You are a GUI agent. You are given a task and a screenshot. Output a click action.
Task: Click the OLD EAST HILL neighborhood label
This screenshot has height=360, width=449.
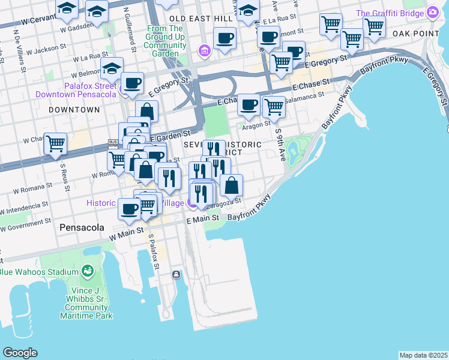pyautogui.click(x=200, y=19)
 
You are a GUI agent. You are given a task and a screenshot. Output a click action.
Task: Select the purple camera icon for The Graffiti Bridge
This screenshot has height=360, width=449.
pyautogui.click(x=432, y=13)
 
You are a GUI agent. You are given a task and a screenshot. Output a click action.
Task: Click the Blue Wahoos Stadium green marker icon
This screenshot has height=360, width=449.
pyautogui.click(x=88, y=271)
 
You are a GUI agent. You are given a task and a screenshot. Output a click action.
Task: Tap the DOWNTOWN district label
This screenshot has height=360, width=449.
pyautogui.click(x=74, y=110)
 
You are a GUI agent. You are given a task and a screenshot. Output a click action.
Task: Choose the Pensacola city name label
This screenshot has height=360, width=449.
pyautogui.click(x=82, y=228)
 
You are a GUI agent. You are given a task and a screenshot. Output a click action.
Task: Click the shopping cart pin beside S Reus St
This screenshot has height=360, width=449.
pyautogui.click(x=55, y=144)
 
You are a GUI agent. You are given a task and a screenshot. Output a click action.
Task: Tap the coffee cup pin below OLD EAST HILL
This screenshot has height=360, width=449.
pyautogui.click(x=224, y=39)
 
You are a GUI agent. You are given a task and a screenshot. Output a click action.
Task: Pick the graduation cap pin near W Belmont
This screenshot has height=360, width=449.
pyautogui.click(x=112, y=68)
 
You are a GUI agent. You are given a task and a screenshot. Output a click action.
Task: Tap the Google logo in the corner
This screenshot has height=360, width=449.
pyautogui.click(x=20, y=353)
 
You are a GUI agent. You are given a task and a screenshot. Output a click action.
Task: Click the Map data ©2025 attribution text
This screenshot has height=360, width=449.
pyautogui.click(x=424, y=355)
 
